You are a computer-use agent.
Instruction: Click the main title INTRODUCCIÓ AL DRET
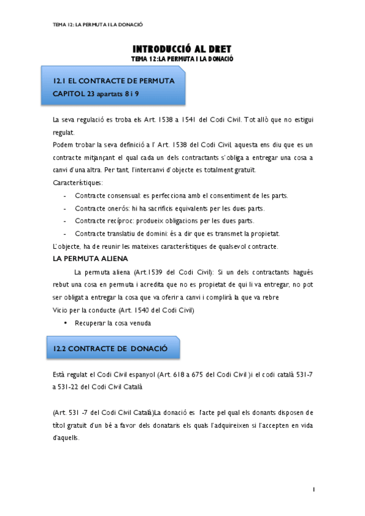tap(182, 49)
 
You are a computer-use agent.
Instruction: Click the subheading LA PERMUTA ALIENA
tap(90, 258)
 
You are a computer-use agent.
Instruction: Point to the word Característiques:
tap(78, 183)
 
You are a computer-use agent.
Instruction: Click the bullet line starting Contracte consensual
tap(181, 195)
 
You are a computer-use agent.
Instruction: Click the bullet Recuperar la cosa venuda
tap(113, 322)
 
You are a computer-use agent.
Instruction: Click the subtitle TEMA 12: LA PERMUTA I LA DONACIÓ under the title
tap(183, 58)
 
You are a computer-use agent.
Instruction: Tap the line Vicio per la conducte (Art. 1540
tap(124, 310)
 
